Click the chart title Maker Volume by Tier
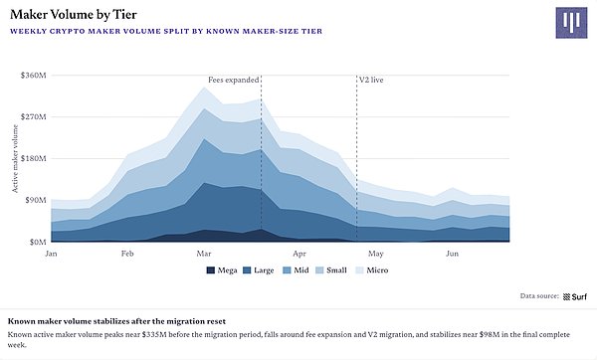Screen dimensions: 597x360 [x=74, y=15]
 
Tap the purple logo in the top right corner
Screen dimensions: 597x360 [x=571, y=23]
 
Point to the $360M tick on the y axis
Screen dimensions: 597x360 [x=34, y=76]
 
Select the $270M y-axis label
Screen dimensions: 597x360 [x=34, y=116]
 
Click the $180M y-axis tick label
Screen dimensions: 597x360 [x=34, y=158]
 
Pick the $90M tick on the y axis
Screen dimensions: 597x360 [x=35, y=200]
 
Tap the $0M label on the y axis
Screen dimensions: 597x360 [x=38, y=242]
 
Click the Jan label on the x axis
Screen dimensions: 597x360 [x=51, y=254]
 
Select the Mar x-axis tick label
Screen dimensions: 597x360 [x=204, y=254]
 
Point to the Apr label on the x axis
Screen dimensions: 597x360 [x=299, y=254]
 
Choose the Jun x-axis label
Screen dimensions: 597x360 [x=452, y=254]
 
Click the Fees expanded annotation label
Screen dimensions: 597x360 [x=234, y=81]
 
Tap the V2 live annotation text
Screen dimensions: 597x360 [x=371, y=81]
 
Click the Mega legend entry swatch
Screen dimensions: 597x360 [x=211, y=270]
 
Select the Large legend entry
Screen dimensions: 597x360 [x=259, y=270]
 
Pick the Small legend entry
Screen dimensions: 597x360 [x=331, y=270]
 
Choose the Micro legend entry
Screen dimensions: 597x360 [x=371, y=270]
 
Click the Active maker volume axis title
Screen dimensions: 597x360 [x=15, y=159]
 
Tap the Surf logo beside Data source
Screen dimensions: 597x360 [x=575, y=296]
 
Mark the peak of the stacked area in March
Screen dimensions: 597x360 [x=204, y=88]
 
